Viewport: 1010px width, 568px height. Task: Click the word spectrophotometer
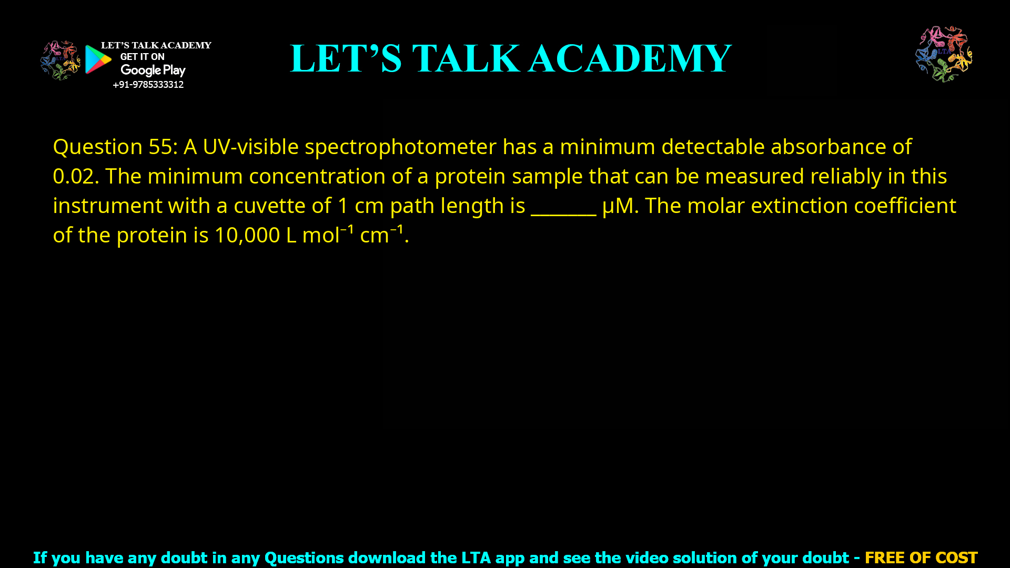point(400,147)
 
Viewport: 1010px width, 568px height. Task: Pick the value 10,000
point(247,236)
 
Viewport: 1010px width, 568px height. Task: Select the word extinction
point(799,206)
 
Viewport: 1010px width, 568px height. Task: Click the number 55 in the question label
point(160,147)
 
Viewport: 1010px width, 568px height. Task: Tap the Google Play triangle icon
point(98,59)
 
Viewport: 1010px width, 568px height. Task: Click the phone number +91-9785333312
point(148,85)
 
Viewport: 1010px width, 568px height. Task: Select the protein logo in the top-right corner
point(944,54)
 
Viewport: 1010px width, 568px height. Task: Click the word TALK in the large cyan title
point(466,58)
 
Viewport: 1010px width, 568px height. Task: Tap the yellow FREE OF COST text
point(921,557)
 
